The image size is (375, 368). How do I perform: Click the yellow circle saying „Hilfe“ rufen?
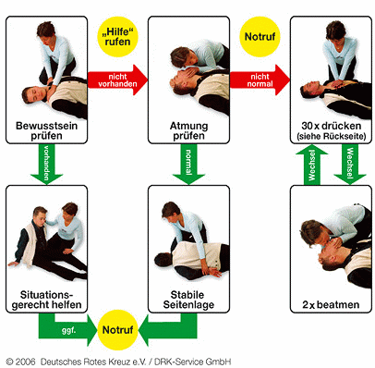pyautogui.click(x=117, y=37)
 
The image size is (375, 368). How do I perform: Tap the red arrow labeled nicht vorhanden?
pyautogui.click(x=117, y=80)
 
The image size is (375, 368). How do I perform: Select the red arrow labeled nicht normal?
pyautogui.click(x=260, y=80)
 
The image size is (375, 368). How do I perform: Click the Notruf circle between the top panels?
pyautogui.click(x=260, y=37)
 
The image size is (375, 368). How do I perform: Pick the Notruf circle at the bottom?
pyautogui.click(x=117, y=330)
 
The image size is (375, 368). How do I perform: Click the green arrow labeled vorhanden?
pyautogui.click(x=46, y=165)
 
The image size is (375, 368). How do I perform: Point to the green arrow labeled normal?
pyautogui.click(x=188, y=165)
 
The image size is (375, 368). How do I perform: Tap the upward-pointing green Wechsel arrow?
pyautogui.click(x=311, y=165)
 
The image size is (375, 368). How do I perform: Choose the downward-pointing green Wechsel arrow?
pyautogui.click(x=350, y=165)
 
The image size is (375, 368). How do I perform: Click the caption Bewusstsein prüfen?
pyautogui.click(x=46, y=130)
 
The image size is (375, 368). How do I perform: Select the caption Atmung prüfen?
pyautogui.click(x=188, y=130)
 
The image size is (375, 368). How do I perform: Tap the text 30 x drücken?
pyautogui.click(x=332, y=126)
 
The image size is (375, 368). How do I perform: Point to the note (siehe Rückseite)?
pyautogui.click(x=332, y=136)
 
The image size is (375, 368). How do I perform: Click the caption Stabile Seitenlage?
pyautogui.click(x=188, y=300)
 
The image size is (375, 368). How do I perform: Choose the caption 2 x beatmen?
pyautogui.click(x=331, y=305)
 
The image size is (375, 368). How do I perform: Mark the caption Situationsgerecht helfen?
pyautogui.click(x=46, y=300)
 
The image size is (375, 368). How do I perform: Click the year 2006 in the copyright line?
pyautogui.click(x=25, y=362)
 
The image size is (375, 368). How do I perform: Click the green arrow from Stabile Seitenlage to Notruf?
pyautogui.click(x=168, y=330)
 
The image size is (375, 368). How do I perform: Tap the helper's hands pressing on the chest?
pyautogui.click(x=338, y=83)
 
